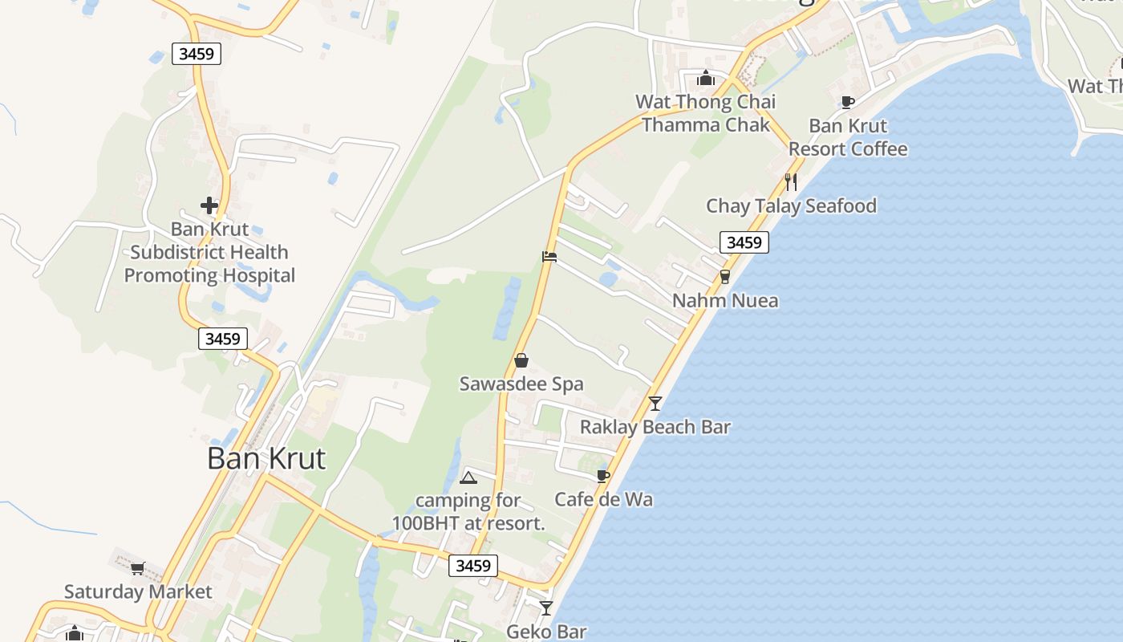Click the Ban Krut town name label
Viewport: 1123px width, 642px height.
[266, 458]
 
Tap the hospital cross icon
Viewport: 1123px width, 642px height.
[209, 205]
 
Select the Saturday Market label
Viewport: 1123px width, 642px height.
[138, 592]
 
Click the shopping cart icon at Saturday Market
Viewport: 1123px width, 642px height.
[137, 568]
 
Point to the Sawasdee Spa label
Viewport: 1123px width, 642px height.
[521, 384]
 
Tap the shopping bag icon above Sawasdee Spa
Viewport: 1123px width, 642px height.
[521, 360]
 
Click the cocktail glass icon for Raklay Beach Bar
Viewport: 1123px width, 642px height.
[655, 403]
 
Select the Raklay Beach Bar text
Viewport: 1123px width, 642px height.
[655, 427]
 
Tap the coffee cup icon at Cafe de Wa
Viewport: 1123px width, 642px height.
[603, 476]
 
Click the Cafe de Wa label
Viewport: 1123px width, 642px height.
[603, 499]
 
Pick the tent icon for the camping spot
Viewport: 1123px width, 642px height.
[468, 478]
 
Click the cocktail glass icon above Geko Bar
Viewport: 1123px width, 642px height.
[546, 608]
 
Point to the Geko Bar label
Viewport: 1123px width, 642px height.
[546, 632]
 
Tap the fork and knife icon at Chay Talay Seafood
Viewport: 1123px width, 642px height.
[791, 182]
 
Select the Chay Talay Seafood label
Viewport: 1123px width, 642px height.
[791, 206]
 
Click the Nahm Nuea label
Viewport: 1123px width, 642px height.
[725, 301]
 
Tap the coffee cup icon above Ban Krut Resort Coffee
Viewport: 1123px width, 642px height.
[847, 102]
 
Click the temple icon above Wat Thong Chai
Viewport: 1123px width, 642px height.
[706, 78]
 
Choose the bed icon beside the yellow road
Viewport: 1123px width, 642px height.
[549, 257]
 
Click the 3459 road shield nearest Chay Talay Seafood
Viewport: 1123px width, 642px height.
[744, 242]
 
